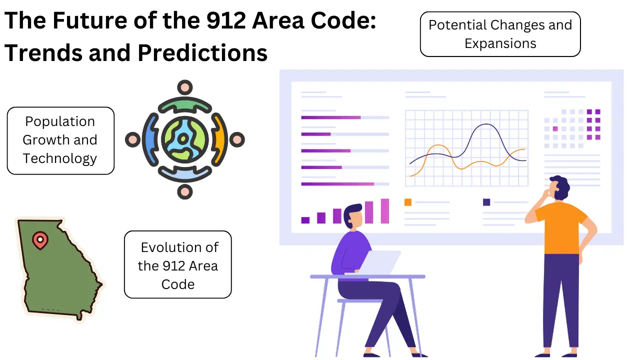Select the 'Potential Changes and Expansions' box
tap(500, 34)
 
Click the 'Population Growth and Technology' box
tap(60, 140)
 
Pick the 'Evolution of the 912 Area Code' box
tap(177, 264)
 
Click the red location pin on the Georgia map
tap(39, 240)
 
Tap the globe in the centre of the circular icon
tap(184, 139)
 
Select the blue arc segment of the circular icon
tap(149, 139)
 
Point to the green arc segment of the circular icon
tap(184, 104)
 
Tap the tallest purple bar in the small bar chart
tap(384, 210)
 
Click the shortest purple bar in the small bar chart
tap(305, 220)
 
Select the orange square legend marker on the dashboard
tap(407, 202)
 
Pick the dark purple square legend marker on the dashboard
tap(486, 202)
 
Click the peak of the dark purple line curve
tap(483, 125)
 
